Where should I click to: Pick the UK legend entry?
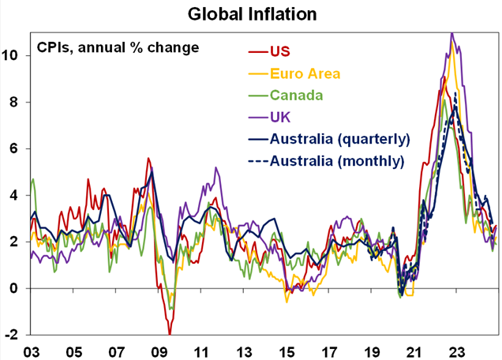281,118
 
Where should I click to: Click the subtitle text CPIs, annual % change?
118,48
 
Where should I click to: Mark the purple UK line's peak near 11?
451,34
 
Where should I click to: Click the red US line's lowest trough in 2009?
169,332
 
